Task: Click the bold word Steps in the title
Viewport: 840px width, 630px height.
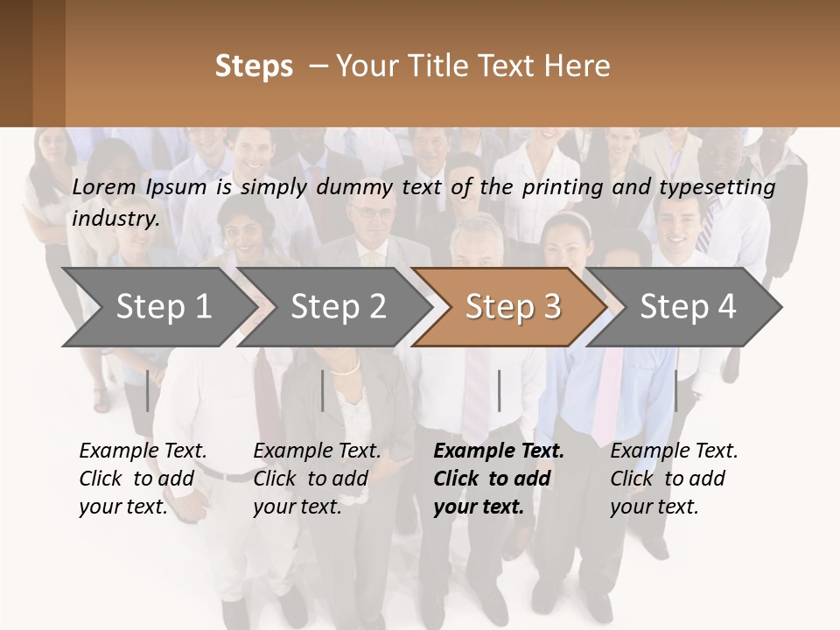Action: point(254,66)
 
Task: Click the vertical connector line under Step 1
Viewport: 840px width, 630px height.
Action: point(148,390)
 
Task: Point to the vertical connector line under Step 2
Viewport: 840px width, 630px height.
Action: point(323,390)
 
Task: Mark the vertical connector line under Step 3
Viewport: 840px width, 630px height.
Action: point(499,390)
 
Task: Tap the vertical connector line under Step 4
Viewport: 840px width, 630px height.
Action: point(675,390)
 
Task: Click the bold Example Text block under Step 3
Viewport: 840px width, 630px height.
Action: point(499,479)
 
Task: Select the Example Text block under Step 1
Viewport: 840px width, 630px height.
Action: point(143,479)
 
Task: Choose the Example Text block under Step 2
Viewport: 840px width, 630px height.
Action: point(317,479)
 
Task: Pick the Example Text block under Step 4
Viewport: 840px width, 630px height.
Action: point(674,479)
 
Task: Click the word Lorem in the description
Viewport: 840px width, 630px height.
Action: point(104,186)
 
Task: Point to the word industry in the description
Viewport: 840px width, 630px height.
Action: point(115,219)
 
